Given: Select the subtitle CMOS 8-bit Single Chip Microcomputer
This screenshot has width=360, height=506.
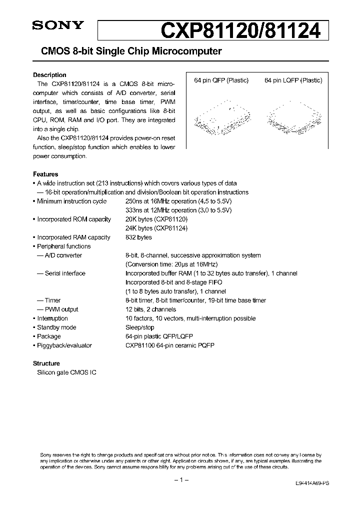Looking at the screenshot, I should point(127,51).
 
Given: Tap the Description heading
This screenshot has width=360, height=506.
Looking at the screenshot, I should point(49,75).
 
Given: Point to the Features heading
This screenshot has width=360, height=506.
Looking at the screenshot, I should point(45,174).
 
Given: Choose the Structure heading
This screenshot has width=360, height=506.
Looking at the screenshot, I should point(46,363).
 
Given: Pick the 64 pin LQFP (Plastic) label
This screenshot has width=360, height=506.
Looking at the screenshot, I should point(293,80).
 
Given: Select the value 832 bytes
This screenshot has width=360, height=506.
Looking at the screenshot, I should point(138,237).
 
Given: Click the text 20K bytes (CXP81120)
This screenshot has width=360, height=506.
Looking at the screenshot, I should point(156,219).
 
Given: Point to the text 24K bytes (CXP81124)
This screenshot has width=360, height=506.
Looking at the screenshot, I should point(156,228).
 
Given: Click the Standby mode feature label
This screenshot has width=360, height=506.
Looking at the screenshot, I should point(56,327).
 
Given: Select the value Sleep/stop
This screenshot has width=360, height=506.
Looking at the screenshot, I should point(140,327).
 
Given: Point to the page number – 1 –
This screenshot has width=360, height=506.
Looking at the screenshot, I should point(180,480).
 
